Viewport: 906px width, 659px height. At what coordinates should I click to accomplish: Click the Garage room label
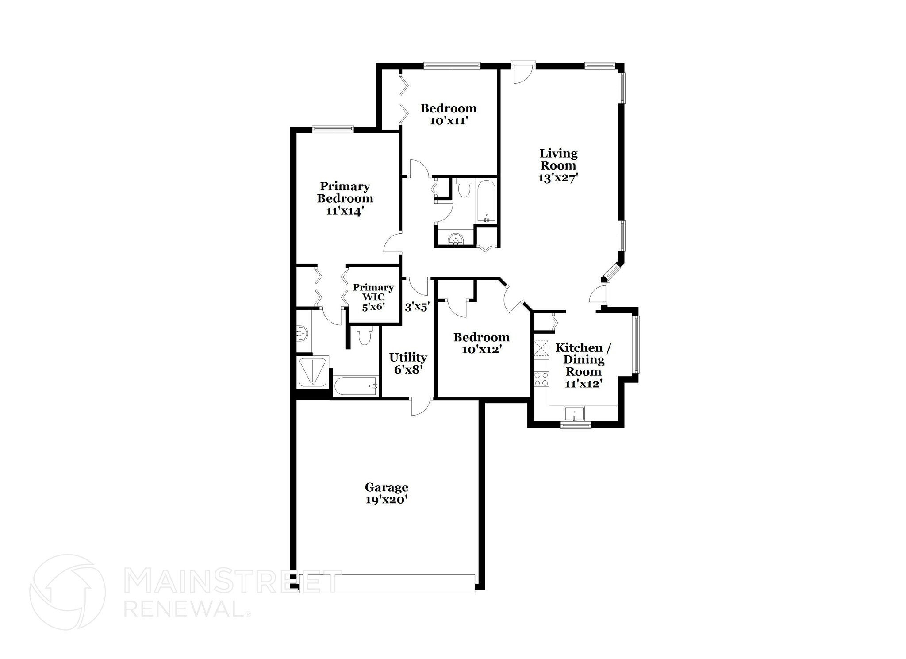pyautogui.click(x=386, y=487)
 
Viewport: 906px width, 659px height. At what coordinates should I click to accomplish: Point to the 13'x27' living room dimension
pyautogui.click(x=558, y=178)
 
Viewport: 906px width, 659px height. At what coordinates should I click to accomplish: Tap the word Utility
pyautogui.click(x=408, y=357)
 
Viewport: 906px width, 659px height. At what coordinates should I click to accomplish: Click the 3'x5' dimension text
pyautogui.click(x=417, y=307)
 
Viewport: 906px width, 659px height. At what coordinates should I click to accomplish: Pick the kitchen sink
pyautogui.click(x=574, y=414)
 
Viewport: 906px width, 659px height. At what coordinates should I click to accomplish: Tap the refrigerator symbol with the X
pyautogui.click(x=541, y=347)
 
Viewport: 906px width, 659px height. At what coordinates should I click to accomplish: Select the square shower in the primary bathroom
pyautogui.click(x=313, y=372)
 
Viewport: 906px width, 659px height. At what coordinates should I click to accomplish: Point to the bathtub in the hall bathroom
pyautogui.click(x=487, y=201)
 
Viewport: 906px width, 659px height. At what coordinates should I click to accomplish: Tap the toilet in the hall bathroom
pyautogui.click(x=464, y=188)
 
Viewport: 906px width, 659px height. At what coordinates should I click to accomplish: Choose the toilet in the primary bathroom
pyautogui.click(x=365, y=335)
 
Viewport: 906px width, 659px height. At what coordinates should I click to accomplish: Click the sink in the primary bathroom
pyautogui.click(x=302, y=333)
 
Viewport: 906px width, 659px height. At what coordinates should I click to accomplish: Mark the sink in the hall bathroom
pyautogui.click(x=455, y=239)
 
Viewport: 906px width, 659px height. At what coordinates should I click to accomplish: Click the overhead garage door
pyautogui.click(x=387, y=583)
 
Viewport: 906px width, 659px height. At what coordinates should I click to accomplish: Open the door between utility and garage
pyautogui.click(x=421, y=405)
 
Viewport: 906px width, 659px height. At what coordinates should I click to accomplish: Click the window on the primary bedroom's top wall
pyautogui.click(x=333, y=129)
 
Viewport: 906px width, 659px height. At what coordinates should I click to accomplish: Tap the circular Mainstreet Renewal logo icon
pyautogui.click(x=67, y=592)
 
